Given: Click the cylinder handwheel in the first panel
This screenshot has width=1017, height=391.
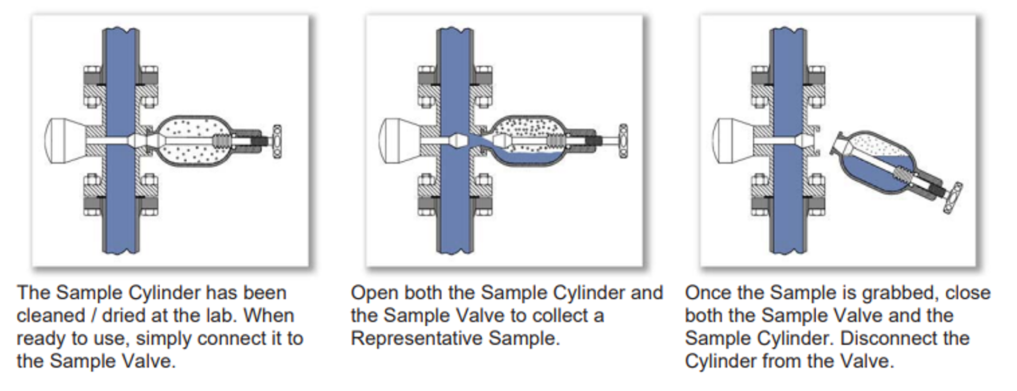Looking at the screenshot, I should click(x=277, y=141).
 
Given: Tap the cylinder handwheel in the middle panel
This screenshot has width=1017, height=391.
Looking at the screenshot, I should click(x=623, y=141).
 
